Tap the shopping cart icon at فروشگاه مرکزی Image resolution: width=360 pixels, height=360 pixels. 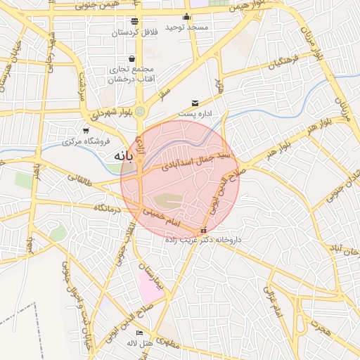(86, 131)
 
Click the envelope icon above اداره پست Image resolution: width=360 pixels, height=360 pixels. (195, 103)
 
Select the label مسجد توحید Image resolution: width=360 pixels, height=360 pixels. (187, 27)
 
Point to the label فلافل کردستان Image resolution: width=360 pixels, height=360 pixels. (134, 32)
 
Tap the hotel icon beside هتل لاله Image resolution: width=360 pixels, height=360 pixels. (139, 333)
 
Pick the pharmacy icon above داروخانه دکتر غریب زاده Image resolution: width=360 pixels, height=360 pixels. (203, 230)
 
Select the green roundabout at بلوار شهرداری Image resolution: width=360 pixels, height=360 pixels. (140, 110)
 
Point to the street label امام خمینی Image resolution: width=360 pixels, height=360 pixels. (163, 216)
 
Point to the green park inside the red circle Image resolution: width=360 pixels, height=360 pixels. (167, 201)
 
